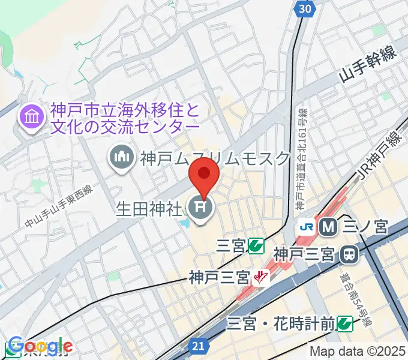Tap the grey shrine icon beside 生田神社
click(199, 210)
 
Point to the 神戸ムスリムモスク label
click(215, 159)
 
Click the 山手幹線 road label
click(368, 66)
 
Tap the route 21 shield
click(200, 346)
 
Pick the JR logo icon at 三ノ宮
click(307, 227)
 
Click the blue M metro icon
click(328, 227)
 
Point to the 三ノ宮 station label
click(365, 227)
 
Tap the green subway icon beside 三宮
click(257, 245)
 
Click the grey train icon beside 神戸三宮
click(348, 255)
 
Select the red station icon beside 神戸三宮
click(260, 278)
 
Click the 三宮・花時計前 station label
click(280, 325)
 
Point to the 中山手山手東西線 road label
click(59, 207)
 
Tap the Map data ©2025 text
click(356, 352)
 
